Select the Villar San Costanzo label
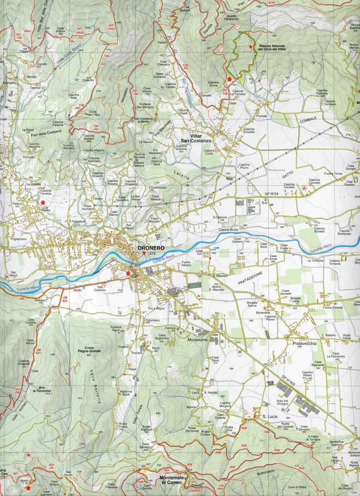tap(200, 138)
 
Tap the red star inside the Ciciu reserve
tap(250, 46)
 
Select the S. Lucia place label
tap(270, 416)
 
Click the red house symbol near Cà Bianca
tap(43, 202)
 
